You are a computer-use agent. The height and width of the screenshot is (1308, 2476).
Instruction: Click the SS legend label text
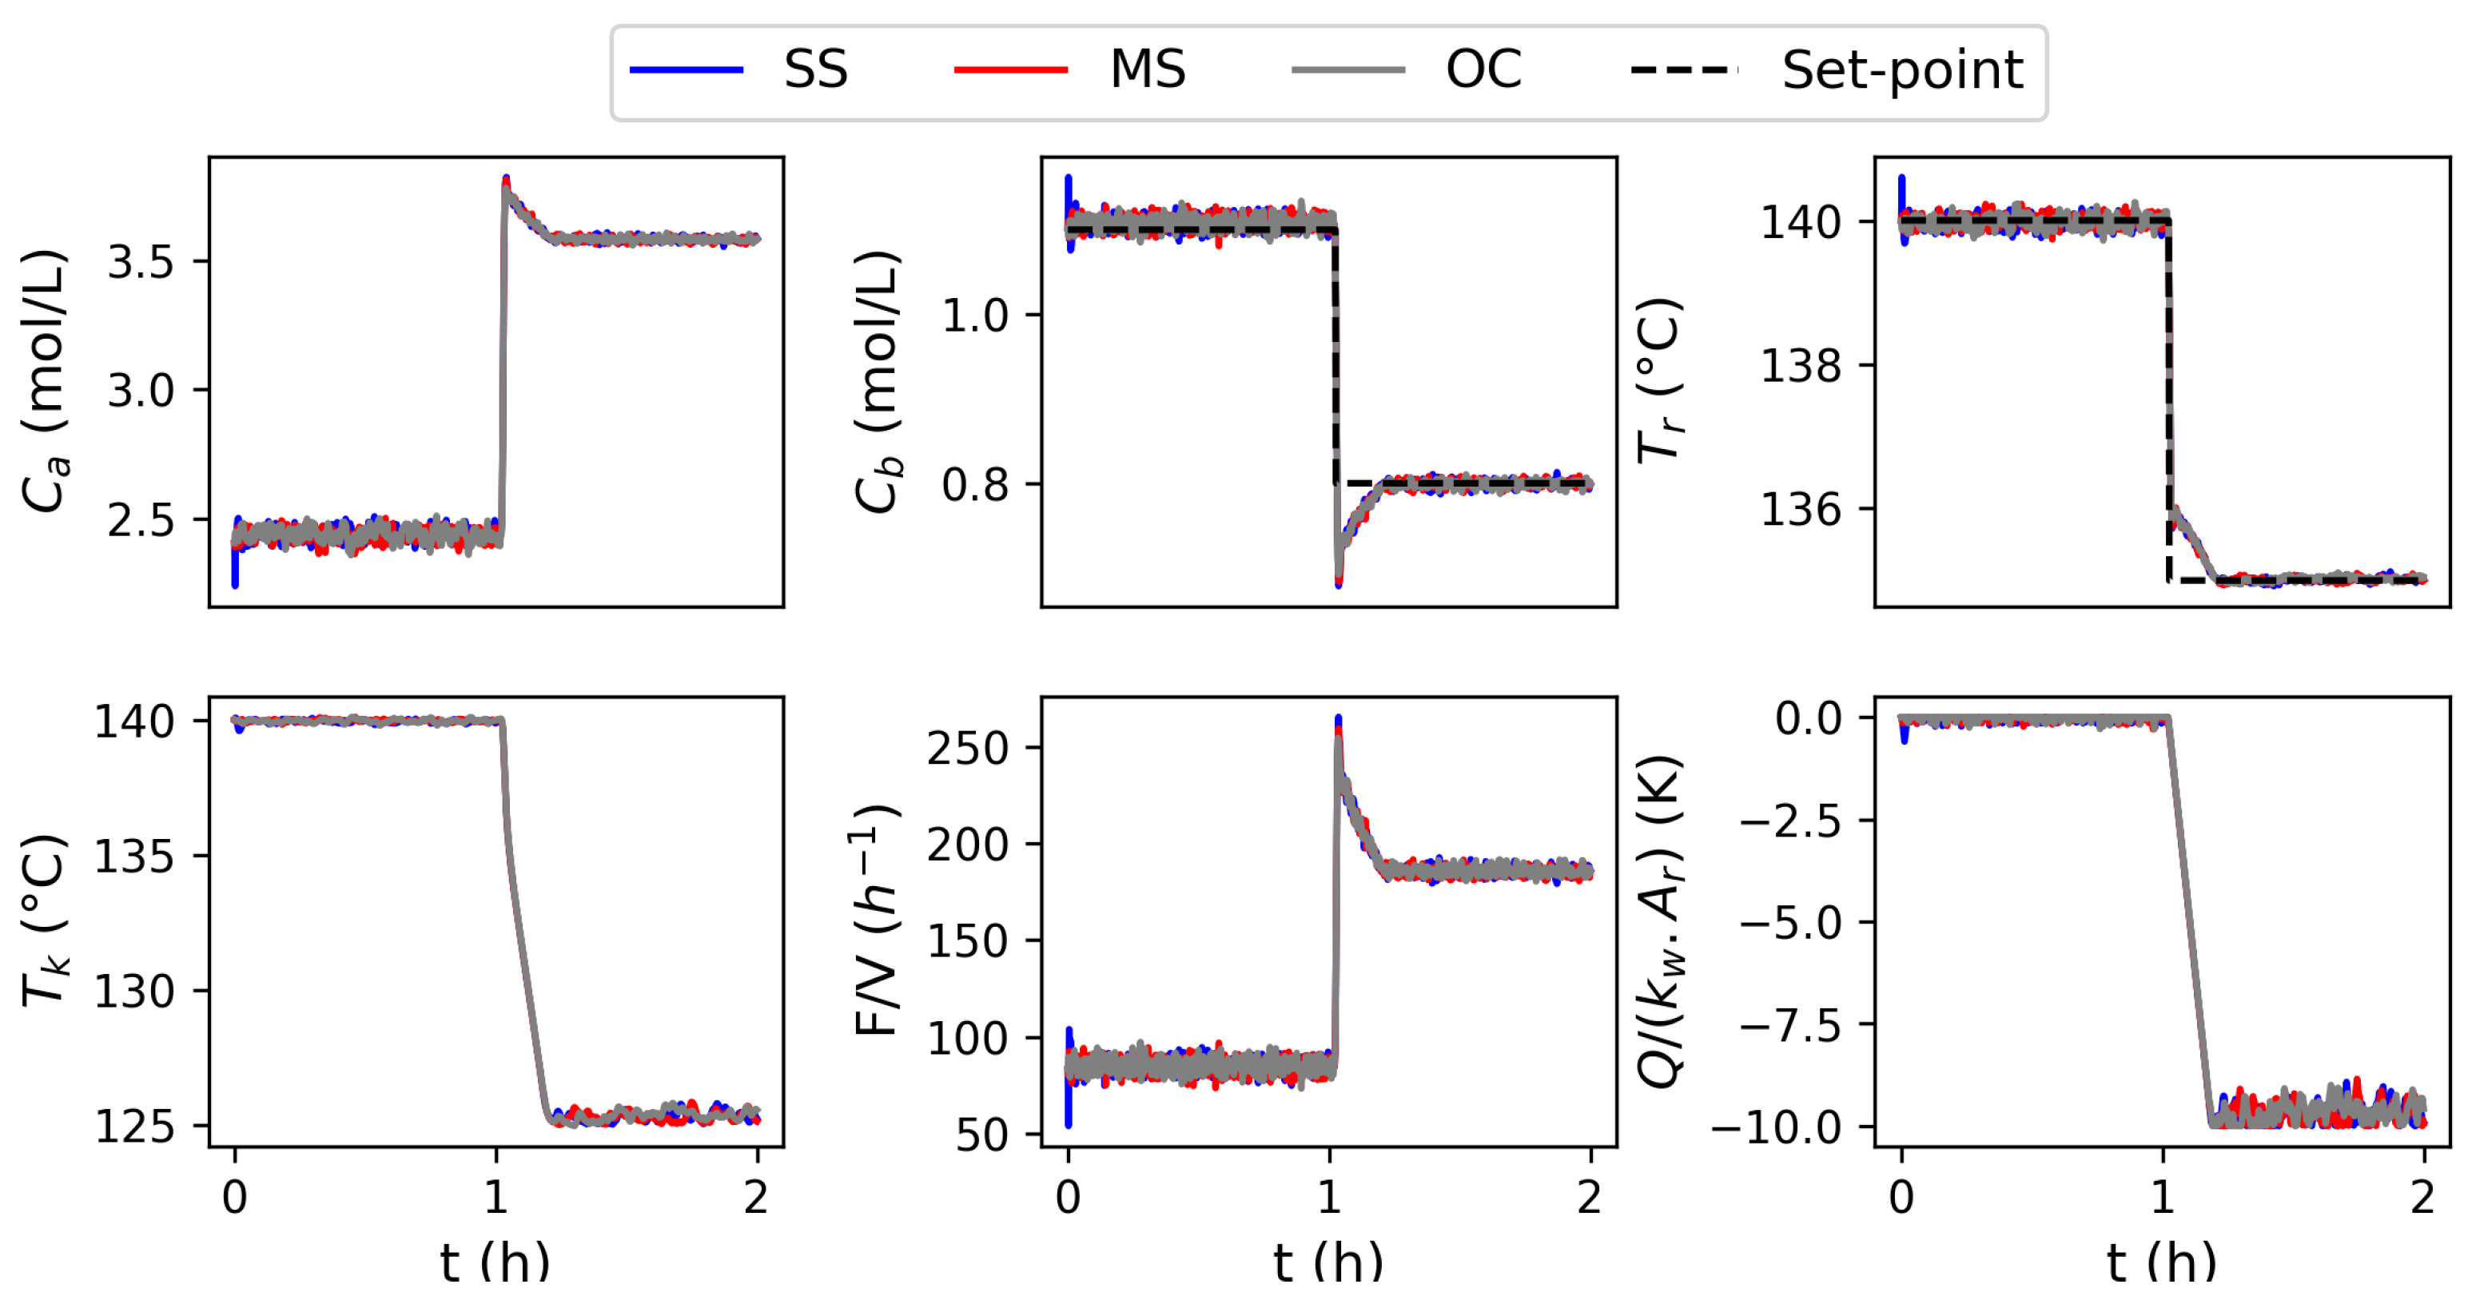815,70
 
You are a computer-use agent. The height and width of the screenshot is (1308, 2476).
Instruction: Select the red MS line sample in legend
1010,70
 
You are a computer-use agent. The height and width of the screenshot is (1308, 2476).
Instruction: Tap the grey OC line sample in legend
1347,70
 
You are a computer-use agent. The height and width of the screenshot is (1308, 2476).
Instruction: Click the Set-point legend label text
1901,70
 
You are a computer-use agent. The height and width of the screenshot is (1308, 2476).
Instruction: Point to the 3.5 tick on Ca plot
141,261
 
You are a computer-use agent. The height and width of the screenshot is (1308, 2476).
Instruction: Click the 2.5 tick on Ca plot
141,520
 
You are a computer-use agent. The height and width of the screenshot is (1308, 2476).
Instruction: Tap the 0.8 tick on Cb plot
973,484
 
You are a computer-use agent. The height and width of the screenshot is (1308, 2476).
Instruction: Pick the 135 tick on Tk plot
133,855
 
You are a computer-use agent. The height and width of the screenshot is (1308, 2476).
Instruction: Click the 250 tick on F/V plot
967,748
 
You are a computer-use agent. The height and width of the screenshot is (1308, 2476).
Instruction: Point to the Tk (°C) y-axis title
46,920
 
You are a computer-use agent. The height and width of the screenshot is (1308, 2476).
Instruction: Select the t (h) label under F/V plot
1328,1262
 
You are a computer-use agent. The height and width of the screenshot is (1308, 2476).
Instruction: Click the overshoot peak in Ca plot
507,181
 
